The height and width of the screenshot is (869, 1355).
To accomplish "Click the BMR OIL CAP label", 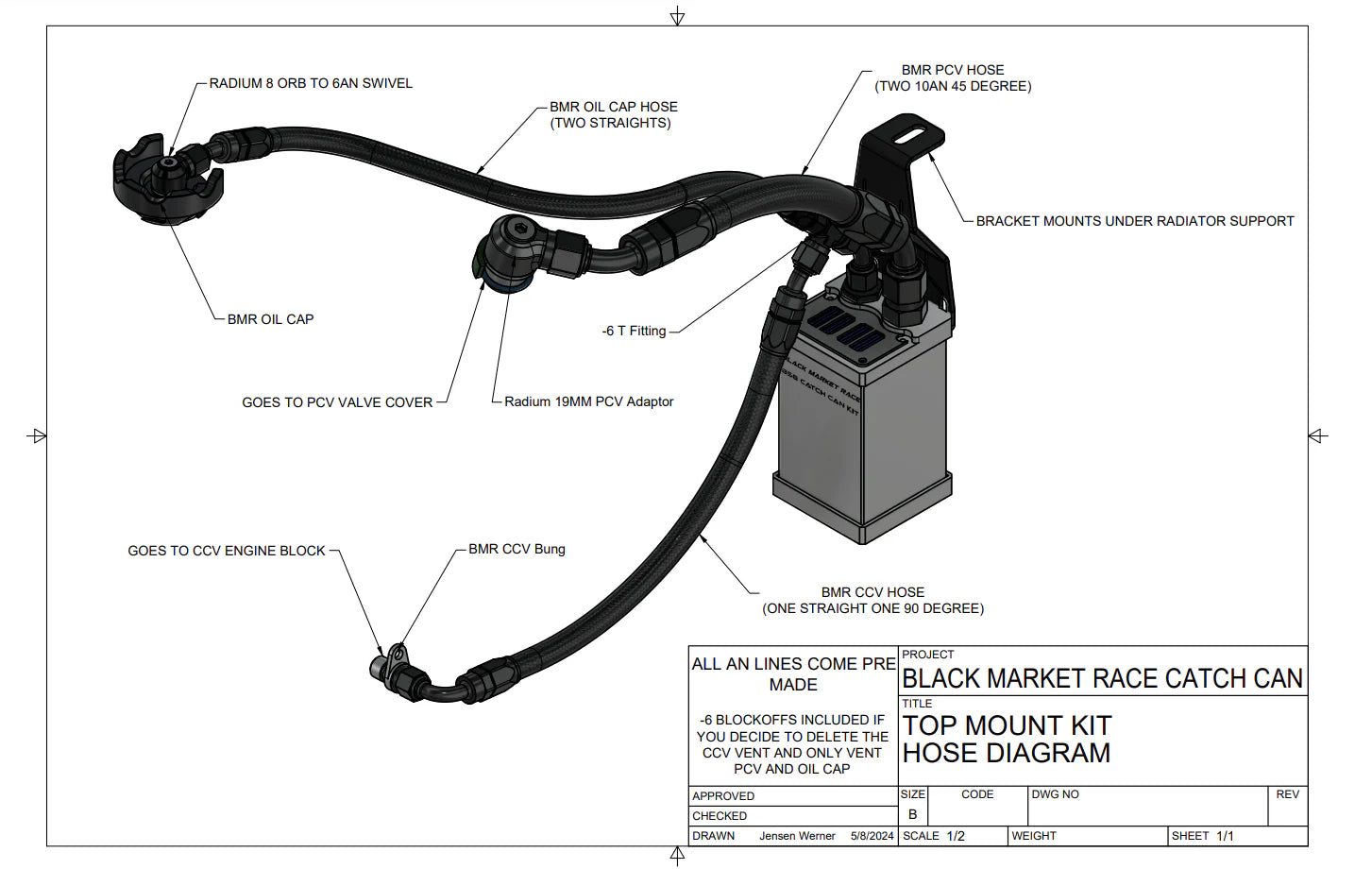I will click(270, 319).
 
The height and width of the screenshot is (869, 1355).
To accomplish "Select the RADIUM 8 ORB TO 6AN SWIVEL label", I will click(311, 83).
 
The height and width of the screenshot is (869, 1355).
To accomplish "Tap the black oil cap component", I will click(168, 184).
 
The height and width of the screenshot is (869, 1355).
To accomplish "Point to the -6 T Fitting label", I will click(634, 331).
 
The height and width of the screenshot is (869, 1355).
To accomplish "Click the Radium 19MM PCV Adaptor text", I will click(588, 401).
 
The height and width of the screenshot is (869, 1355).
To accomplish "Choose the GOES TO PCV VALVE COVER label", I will click(337, 402).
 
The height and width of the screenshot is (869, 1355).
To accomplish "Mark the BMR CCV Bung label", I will click(517, 549).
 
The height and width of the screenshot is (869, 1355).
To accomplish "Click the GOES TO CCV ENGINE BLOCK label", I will click(227, 551).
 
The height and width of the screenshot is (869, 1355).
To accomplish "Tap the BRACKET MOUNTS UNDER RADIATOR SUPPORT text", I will click(1134, 221).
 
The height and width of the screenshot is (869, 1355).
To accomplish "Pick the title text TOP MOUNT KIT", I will click(1007, 725).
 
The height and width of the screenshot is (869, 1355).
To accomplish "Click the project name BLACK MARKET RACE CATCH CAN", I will click(1102, 678).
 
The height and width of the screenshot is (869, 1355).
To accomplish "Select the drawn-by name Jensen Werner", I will click(797, 836).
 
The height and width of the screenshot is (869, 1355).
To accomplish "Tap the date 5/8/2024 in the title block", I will click(872, 836).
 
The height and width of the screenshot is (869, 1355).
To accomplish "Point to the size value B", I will click(912, 814).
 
